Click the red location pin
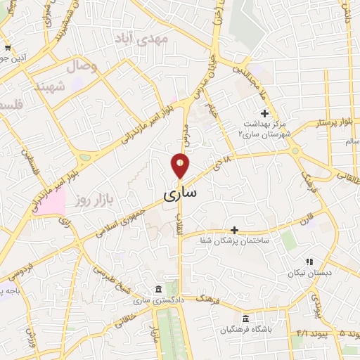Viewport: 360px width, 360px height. point(180,166)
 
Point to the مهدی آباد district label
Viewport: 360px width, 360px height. point(163,40)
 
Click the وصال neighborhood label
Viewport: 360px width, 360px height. point(81,67)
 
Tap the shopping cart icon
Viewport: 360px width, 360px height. point(7,48)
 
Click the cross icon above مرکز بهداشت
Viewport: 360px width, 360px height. point(264,113)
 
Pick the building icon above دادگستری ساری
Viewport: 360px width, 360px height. point(157,290)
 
